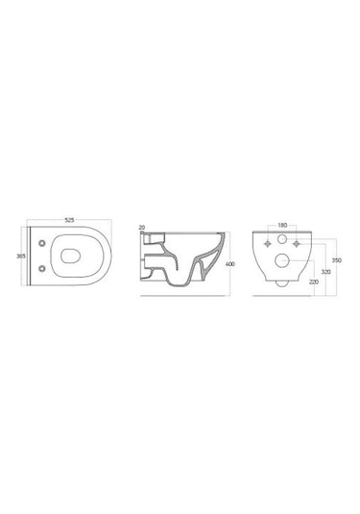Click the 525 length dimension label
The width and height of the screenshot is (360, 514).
point(69,220)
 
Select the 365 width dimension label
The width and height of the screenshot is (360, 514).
point(21,256)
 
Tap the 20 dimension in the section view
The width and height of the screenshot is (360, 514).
point(142,227)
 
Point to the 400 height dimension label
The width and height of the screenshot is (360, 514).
point(230,264)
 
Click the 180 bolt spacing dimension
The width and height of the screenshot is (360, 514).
point(282,225)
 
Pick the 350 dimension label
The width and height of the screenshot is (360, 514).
point(337,260)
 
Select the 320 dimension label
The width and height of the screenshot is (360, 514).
point(325,272)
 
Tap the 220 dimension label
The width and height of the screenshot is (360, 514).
point(314,281)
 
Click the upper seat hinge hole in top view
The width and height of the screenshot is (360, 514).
point(42,243)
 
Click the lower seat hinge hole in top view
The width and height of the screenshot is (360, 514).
point(42,268)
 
